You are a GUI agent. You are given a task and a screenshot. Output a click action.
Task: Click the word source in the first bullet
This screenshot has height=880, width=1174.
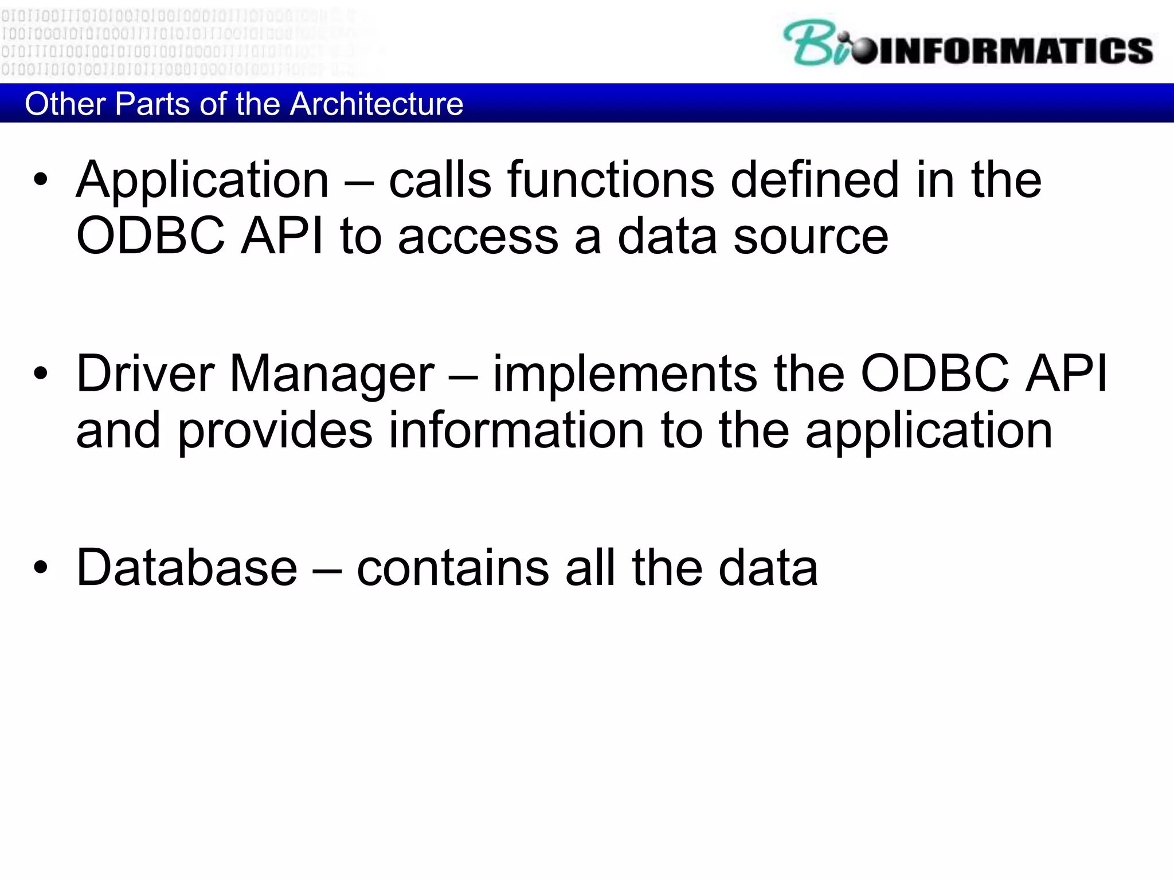(811, 237)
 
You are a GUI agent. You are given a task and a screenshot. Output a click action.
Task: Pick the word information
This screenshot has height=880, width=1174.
(516, 431)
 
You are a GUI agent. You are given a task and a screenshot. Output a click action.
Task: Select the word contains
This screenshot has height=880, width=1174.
(453, 568)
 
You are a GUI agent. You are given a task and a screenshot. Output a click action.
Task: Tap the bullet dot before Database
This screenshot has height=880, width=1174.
(41, 567)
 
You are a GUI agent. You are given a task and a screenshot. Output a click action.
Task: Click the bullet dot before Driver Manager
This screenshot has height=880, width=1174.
(41, 374)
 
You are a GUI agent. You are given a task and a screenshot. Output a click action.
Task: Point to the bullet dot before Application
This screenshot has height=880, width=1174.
(41, 180)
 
